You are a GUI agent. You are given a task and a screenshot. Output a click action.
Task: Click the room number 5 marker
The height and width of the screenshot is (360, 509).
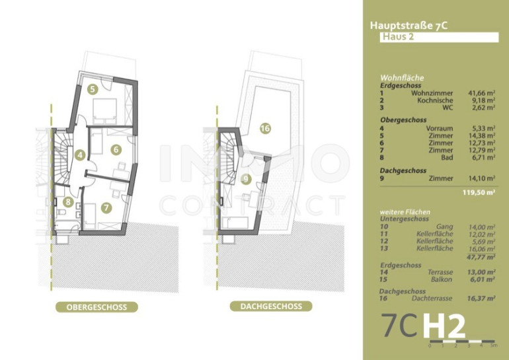[93, 89]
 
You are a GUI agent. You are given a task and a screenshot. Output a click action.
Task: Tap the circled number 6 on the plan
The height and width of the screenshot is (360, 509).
[116, 149]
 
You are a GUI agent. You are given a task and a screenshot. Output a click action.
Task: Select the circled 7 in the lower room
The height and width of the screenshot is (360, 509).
[106, 207]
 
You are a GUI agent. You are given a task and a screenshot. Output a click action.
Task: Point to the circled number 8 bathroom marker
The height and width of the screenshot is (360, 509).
[68, 202]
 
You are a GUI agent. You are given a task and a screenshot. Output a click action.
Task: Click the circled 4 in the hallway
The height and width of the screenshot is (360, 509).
[80, 155]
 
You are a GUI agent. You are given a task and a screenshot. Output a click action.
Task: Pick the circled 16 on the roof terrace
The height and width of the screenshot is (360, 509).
[265, 128]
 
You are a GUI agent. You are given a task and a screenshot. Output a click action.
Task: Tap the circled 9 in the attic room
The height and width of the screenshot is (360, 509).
[246, 179]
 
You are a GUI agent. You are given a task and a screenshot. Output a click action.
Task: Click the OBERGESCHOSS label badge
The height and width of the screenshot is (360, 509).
[97, 307]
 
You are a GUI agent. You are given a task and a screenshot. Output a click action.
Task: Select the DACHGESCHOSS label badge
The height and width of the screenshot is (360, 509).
[271, 306]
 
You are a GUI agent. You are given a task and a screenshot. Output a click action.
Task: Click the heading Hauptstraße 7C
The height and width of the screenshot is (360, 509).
[409, 26]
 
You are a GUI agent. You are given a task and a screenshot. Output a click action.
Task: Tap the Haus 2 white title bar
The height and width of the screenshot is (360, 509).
[439, 37]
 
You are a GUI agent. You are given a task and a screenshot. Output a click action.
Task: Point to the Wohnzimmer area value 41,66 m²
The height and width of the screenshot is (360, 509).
[482, 93]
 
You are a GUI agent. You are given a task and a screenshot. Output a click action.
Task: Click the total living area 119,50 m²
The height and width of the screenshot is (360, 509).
[479, 192]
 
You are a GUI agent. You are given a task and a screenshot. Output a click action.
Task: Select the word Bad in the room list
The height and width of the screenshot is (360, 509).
[447, 158]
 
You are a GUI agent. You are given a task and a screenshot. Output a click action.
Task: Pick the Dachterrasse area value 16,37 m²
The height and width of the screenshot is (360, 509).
[481, 299]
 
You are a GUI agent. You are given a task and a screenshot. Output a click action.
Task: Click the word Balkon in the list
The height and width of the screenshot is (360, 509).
[441, 279]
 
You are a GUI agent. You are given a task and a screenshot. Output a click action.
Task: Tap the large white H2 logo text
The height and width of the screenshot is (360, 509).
[444, 326]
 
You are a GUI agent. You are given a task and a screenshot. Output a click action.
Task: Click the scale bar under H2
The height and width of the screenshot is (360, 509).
[462, 342]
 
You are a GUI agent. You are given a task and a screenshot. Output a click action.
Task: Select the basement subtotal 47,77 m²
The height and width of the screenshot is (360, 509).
[482, 257]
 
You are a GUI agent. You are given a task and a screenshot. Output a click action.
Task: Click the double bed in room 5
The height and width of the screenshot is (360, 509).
[104, 111]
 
